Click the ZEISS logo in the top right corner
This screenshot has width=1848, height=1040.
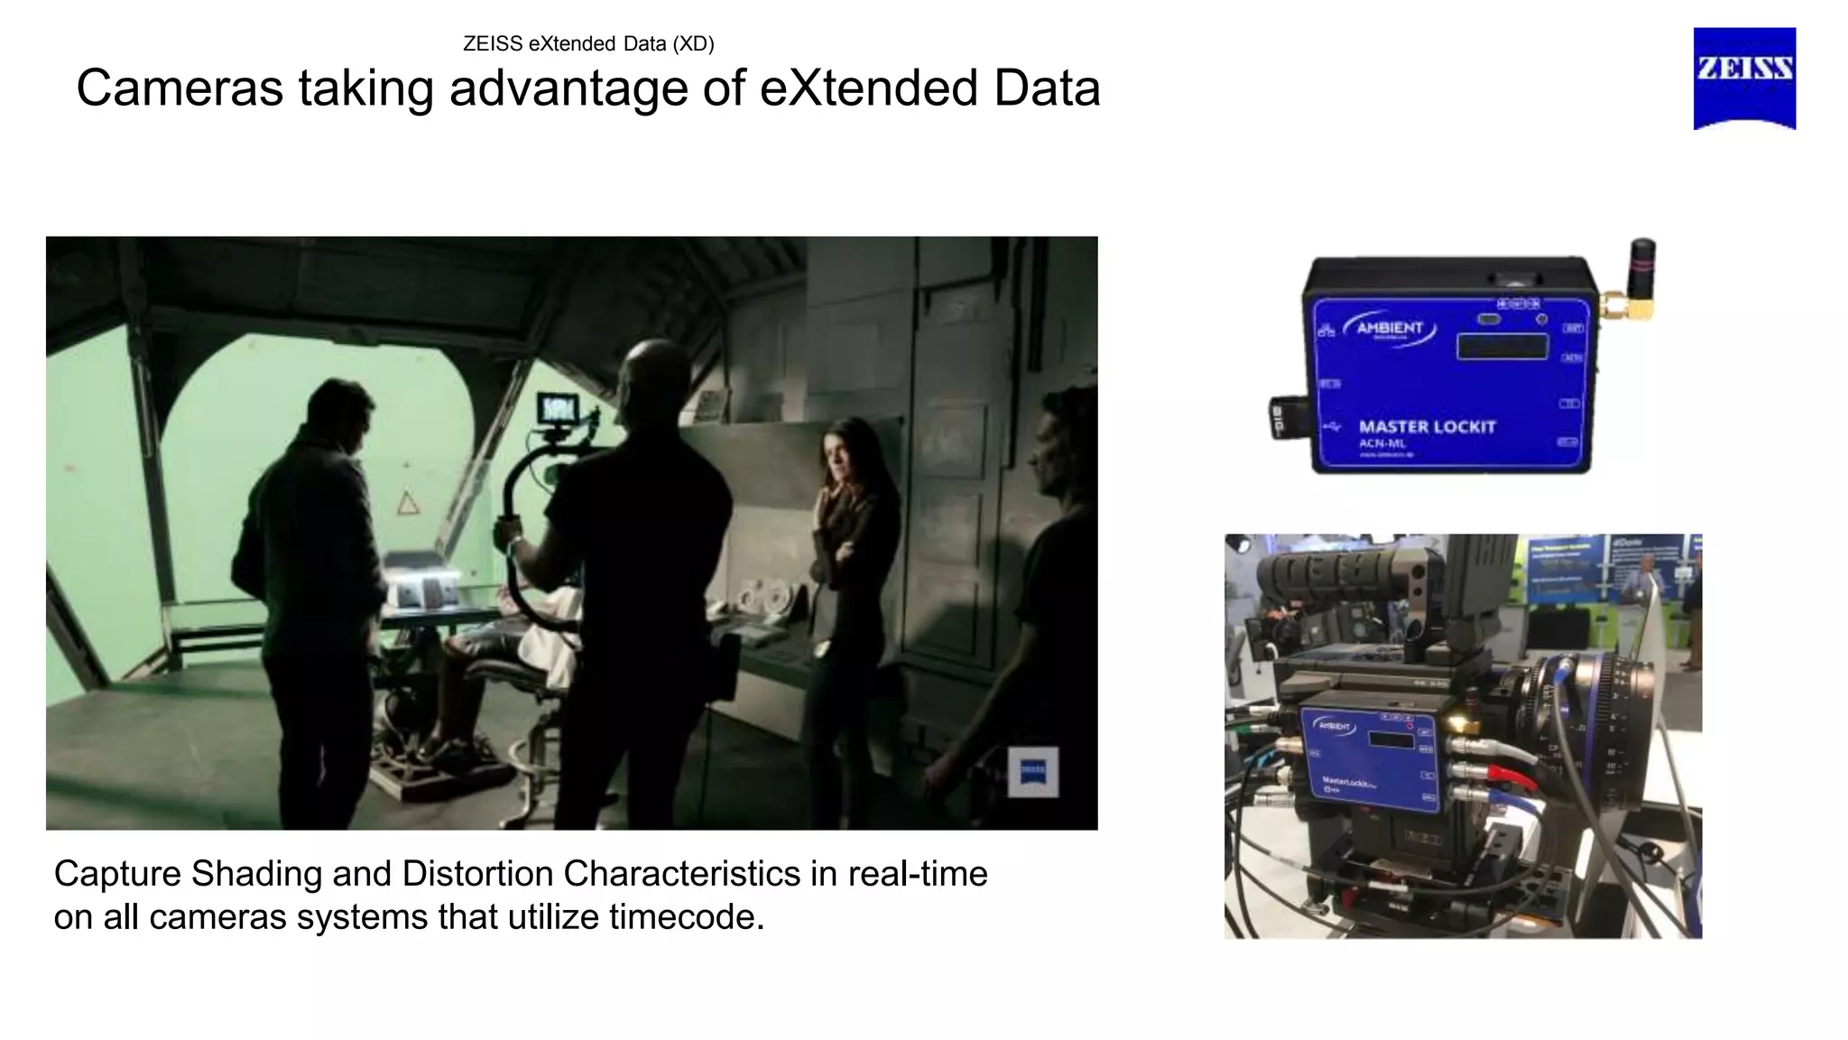[x=1743, y=78]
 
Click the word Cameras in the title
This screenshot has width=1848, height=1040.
[x=178, y=88]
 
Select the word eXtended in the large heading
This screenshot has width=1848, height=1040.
[x=868, y=88]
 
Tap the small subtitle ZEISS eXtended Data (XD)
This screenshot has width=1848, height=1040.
[x=588, y=43]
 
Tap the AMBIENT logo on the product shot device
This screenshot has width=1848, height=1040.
[x=1390, y=329]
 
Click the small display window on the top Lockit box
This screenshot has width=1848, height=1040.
[x=1501, y=346]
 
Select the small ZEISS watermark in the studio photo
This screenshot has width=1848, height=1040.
[x=1032, y=771]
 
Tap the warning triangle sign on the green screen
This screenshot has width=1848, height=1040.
[x=409, y=503]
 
